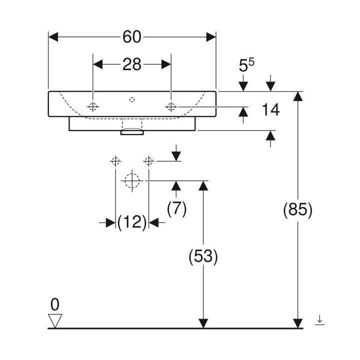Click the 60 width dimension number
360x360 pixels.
(132, 37)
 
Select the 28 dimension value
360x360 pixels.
(132, 64)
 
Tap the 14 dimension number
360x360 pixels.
(270, 110)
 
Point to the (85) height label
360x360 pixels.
(298, 210)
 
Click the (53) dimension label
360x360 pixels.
(203, 256)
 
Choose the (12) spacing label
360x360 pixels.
(132, 222)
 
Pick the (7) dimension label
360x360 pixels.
(176, 208)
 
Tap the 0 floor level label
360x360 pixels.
(55, 304)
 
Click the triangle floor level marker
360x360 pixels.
(55, 319)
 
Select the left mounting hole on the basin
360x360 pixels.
(93, 106)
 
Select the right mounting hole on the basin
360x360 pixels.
(171, 106)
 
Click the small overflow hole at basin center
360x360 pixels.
(132, 99)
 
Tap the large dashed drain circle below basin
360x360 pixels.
(132, 180)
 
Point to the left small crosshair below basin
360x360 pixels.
(115, 161)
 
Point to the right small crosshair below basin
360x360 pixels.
(148, 161)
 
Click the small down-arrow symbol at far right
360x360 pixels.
(320, 320)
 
